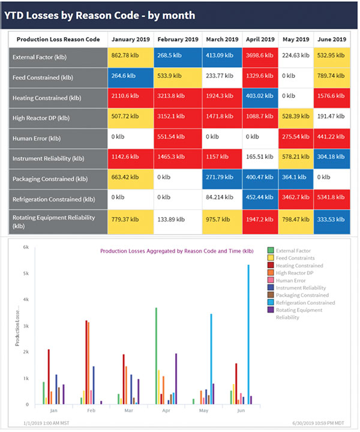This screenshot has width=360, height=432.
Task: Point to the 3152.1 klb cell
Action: pos(177,117)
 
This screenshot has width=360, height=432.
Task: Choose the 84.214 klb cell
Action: pos(221,199)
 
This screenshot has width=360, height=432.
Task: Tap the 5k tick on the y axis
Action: pos(26,273)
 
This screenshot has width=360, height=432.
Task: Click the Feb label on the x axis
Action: pos(90,410)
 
